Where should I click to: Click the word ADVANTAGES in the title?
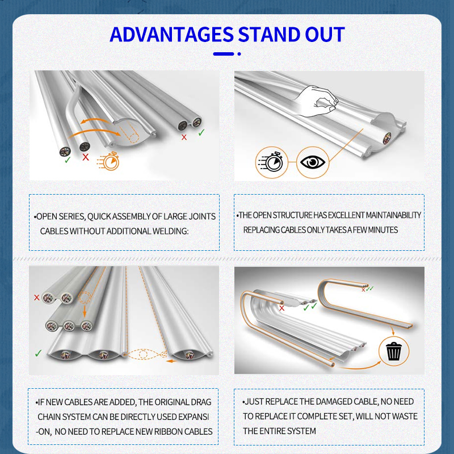pos(171,35)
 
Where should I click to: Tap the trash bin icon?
pos(394,351)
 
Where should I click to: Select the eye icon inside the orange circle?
pos(313,162)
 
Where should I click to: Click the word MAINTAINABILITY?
pos(393,215)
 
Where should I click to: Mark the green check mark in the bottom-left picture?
pos(38,353)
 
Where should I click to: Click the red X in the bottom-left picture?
pos(37,297)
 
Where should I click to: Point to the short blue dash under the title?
pos(223,54)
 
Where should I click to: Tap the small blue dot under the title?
pos(239,54)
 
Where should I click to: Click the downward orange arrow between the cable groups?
pos(85,310)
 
